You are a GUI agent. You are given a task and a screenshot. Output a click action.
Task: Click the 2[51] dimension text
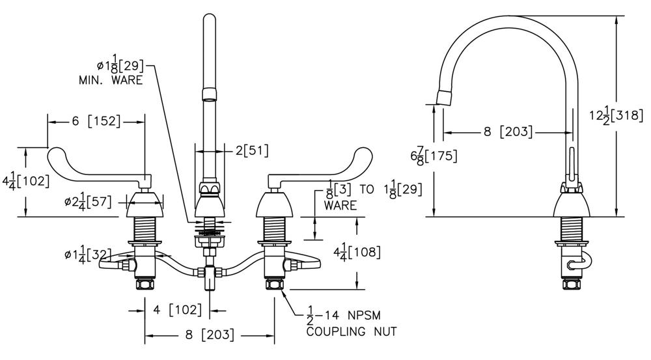[251, 150]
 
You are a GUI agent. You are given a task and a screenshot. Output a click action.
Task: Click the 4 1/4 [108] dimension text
[355, 251]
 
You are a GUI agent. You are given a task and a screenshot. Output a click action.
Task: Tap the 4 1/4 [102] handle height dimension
[27, 181]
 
